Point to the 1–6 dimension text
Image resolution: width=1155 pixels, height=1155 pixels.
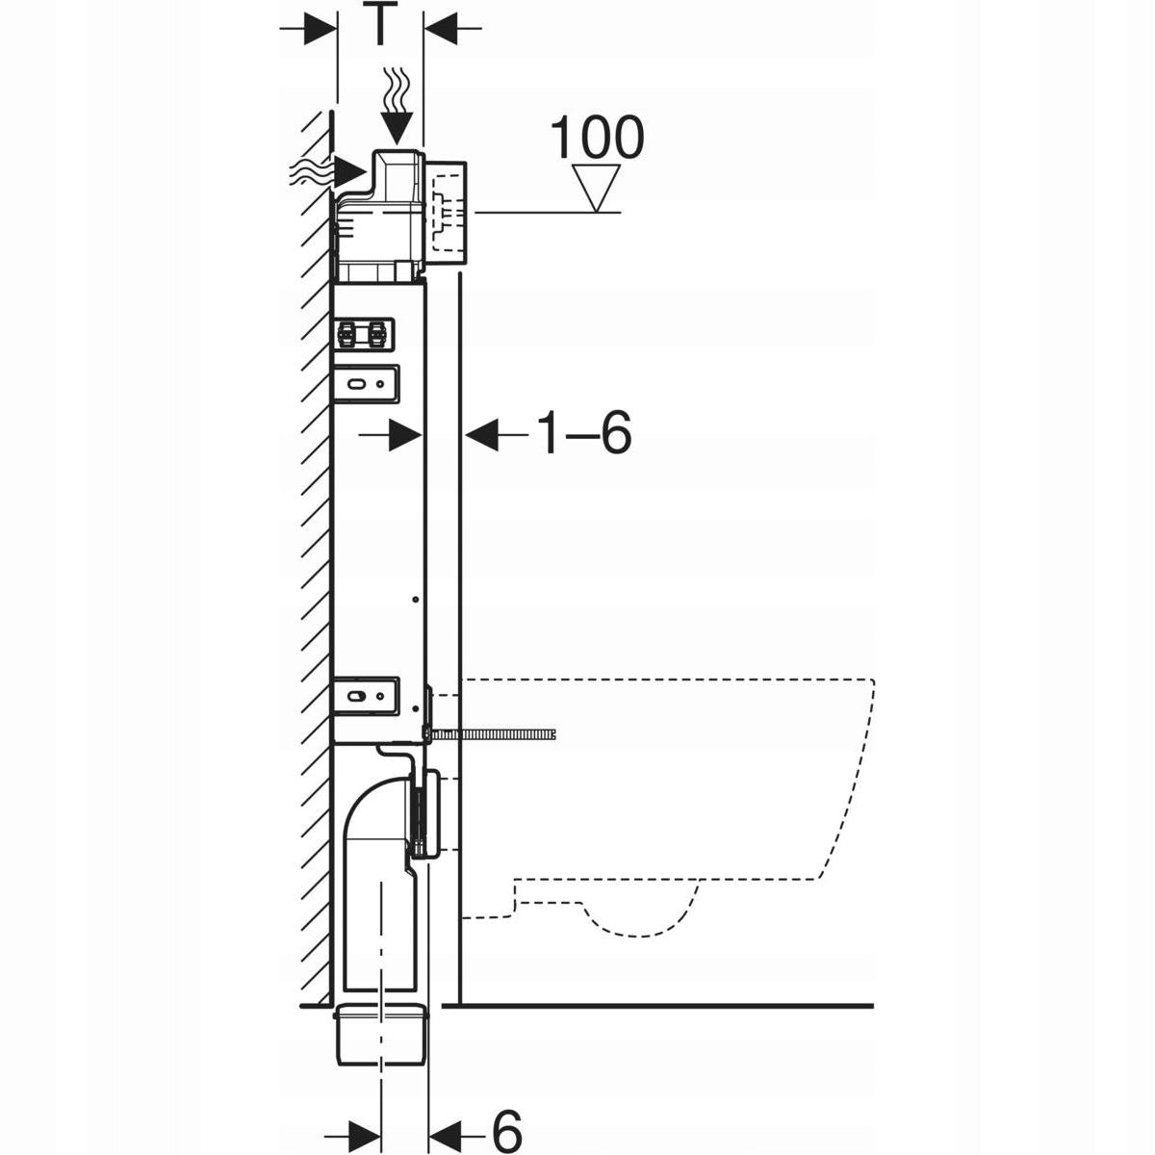point(583,435)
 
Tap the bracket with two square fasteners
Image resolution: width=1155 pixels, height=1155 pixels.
point(363,334)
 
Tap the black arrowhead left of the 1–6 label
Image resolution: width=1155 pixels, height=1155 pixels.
point(481,436)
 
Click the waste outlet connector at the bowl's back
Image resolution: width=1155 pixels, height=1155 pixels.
point(429,813)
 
